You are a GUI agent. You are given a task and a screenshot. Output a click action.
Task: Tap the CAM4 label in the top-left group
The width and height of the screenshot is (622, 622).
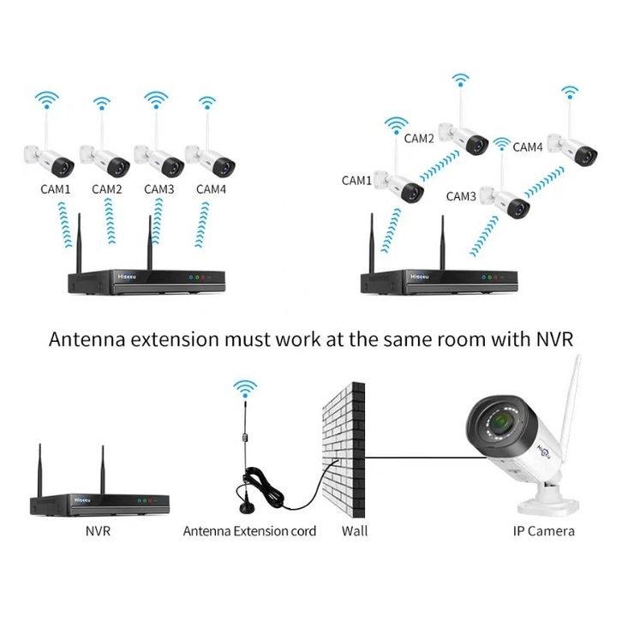tap(212, 188)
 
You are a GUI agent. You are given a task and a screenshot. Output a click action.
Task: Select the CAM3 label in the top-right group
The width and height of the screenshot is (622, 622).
tap(462, 196)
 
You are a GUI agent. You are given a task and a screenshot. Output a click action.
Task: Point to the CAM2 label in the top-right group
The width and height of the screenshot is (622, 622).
tap(419, 138)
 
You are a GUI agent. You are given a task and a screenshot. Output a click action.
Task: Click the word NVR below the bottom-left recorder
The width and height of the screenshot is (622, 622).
tap(99, 531)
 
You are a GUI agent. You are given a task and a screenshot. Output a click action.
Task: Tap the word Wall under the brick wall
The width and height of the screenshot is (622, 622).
tap(354, 531)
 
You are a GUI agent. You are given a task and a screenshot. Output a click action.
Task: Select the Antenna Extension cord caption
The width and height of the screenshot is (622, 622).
tap(249, 531)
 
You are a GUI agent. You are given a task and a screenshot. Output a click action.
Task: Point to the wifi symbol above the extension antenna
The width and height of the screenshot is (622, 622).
tap(244, 390)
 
